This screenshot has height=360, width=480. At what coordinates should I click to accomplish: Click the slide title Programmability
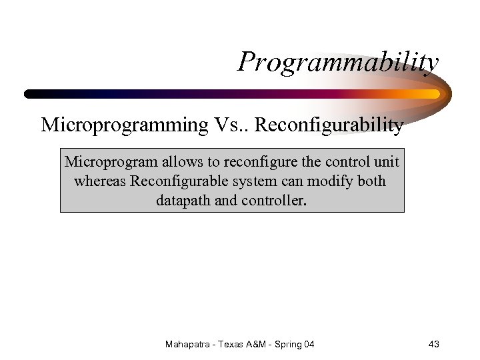tap(338, 63)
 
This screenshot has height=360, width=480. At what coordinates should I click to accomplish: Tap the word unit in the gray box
tap(386, 163)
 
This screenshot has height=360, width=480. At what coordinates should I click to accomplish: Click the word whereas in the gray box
tap(101, 181)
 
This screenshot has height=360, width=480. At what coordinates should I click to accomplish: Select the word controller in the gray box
tap(268, 200)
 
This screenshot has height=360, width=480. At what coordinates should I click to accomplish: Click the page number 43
tap(433, 344)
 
